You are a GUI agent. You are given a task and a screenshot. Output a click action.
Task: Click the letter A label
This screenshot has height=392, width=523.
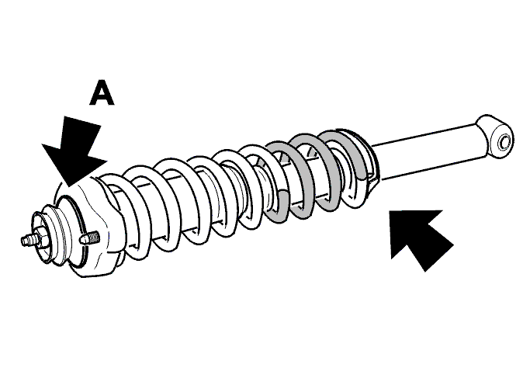(102, 92)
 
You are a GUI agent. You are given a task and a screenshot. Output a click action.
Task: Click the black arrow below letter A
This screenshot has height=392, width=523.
(76, 150)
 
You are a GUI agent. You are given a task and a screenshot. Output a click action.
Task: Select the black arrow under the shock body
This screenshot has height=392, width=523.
(421, 238)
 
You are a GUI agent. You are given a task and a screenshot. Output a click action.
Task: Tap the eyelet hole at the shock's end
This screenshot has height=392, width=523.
(504, 141)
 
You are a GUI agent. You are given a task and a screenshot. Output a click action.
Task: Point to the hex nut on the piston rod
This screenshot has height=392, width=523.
(42, 238)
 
